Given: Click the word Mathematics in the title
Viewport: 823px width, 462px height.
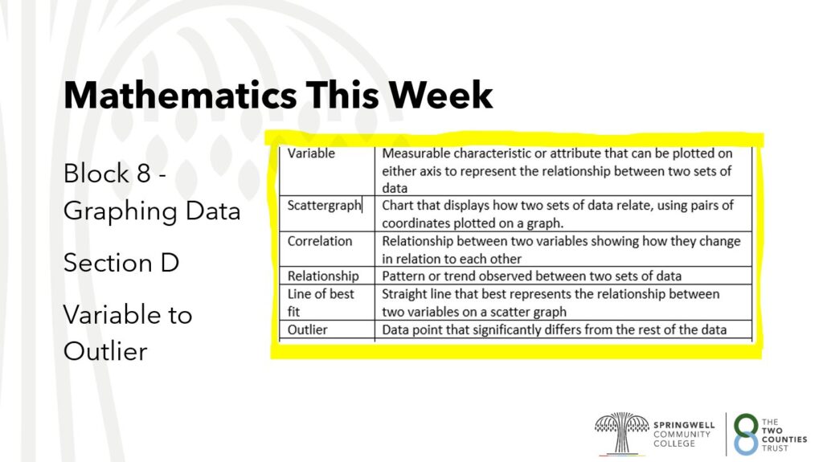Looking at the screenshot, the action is point(180,96).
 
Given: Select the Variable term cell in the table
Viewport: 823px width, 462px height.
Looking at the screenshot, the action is point(327,170).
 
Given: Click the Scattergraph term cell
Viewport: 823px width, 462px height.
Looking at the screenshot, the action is point(327,214).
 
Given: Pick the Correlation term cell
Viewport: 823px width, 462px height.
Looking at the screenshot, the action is point(327,249).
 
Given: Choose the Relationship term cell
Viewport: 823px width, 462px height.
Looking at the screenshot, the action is point(327,276).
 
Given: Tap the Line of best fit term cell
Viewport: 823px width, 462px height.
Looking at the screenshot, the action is point(327,302).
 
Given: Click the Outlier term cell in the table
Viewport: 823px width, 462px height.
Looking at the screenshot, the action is point(327,329).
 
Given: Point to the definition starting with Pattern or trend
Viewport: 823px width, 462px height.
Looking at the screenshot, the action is point(532,276).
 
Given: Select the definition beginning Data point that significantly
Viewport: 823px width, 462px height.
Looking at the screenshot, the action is point(555,329).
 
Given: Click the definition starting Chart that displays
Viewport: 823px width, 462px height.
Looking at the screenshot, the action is point(558,214).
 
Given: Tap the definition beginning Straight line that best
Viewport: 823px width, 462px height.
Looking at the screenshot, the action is point(551,302).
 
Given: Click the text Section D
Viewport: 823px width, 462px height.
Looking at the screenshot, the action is point(121,263).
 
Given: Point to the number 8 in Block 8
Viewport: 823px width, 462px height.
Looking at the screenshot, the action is point(143,174).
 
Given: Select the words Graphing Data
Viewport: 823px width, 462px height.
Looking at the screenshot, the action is point(152,211).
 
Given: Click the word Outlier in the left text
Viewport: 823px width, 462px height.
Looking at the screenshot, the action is point(105,351).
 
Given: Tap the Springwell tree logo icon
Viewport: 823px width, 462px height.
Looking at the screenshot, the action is point(621,433).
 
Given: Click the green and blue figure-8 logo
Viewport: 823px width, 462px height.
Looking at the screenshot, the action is point(747,434).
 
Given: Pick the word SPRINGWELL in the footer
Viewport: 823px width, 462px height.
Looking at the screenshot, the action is point(684,425).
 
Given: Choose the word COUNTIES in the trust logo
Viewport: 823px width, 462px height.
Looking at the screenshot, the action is point(784,440).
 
